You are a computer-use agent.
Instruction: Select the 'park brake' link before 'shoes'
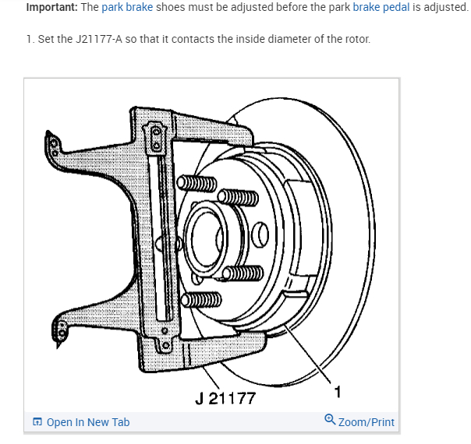[127, 7]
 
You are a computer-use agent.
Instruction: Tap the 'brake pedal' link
[380, 7]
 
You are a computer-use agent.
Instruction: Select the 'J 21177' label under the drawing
[225, 399]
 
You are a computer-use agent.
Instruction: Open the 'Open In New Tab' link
[87, 422]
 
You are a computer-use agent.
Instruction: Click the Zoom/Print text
[366, 422]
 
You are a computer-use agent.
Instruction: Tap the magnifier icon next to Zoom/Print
[330, 421]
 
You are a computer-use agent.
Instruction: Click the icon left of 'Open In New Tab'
[37, 422]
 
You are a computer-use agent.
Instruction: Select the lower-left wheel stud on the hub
[200, 300]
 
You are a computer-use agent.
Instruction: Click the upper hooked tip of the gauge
[52, 143]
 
